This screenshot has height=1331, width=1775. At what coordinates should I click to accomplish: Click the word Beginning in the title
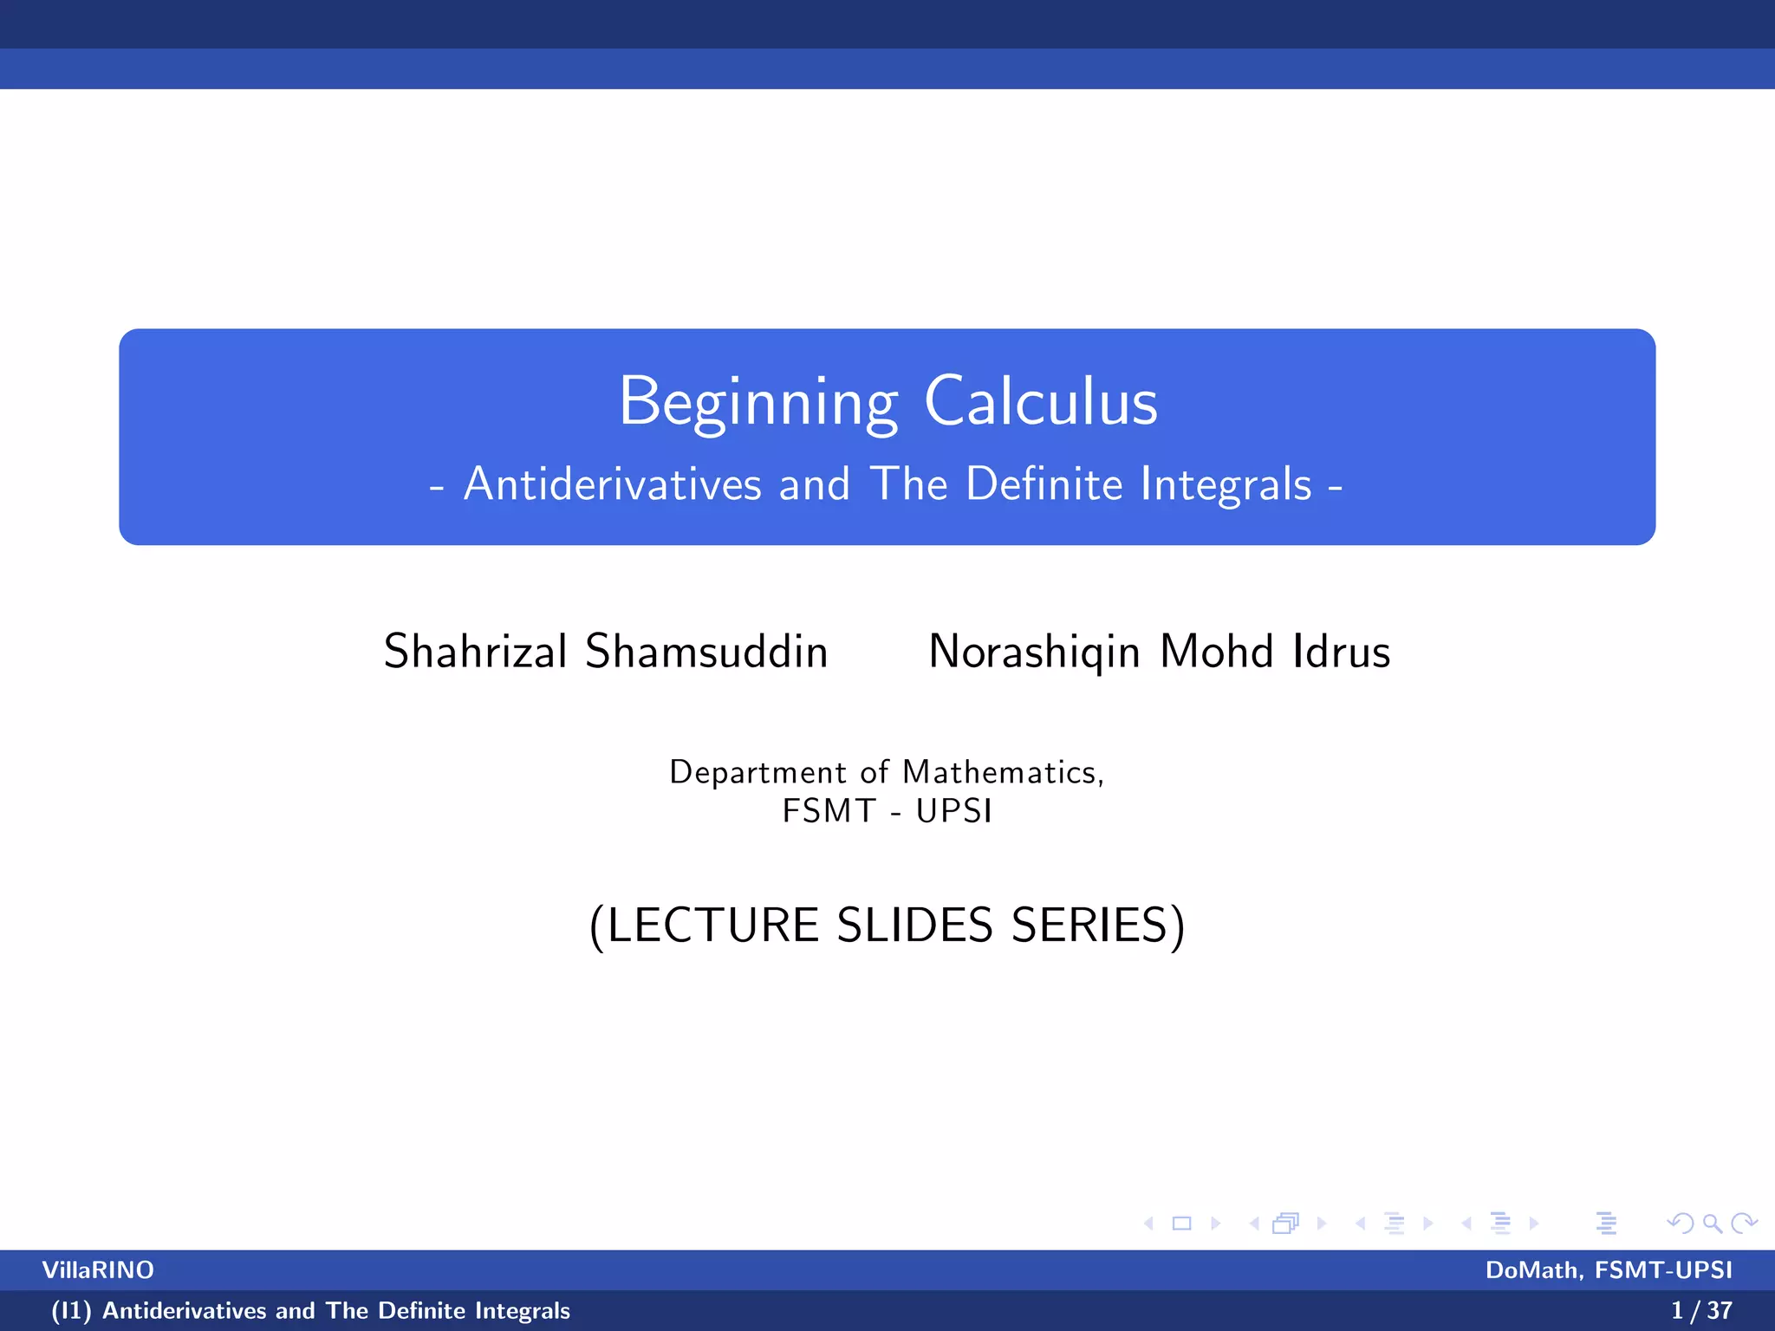coord(757,402)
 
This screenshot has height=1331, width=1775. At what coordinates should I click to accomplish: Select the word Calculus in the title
coord(1041,402)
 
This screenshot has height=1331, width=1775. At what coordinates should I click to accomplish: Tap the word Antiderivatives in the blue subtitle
coord(613,484)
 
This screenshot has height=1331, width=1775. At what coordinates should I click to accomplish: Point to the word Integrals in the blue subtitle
coord(1226,484)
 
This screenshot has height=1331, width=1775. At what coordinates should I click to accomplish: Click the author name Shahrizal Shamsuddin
coord(606,651)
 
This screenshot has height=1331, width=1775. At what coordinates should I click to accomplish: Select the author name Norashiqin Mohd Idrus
coord(1159,651)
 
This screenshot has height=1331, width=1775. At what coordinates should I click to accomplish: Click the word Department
coord(757,772)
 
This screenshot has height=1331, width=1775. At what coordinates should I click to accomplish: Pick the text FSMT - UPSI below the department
coord(887,811)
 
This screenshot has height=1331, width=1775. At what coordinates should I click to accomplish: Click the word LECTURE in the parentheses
coord(712,925)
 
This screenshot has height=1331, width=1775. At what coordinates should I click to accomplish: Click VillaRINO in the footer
coord(98,1270)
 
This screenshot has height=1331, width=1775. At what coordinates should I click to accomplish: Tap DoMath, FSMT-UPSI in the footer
coord(1609,1270)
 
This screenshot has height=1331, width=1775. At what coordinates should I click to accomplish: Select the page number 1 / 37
coord(1701,1311)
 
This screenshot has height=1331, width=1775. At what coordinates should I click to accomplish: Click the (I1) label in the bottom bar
coord(71,1311)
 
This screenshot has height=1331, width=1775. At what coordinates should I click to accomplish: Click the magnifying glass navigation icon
coord(1712,1224)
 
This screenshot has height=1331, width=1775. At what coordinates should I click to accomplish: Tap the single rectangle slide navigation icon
coord(1181,1224)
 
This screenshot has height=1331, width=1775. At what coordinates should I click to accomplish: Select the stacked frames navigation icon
coord(1286,1224)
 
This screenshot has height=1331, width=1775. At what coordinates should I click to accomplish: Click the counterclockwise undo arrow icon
coord(1680,1224)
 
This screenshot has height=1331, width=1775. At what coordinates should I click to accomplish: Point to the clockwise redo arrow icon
coord(1744,1224)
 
